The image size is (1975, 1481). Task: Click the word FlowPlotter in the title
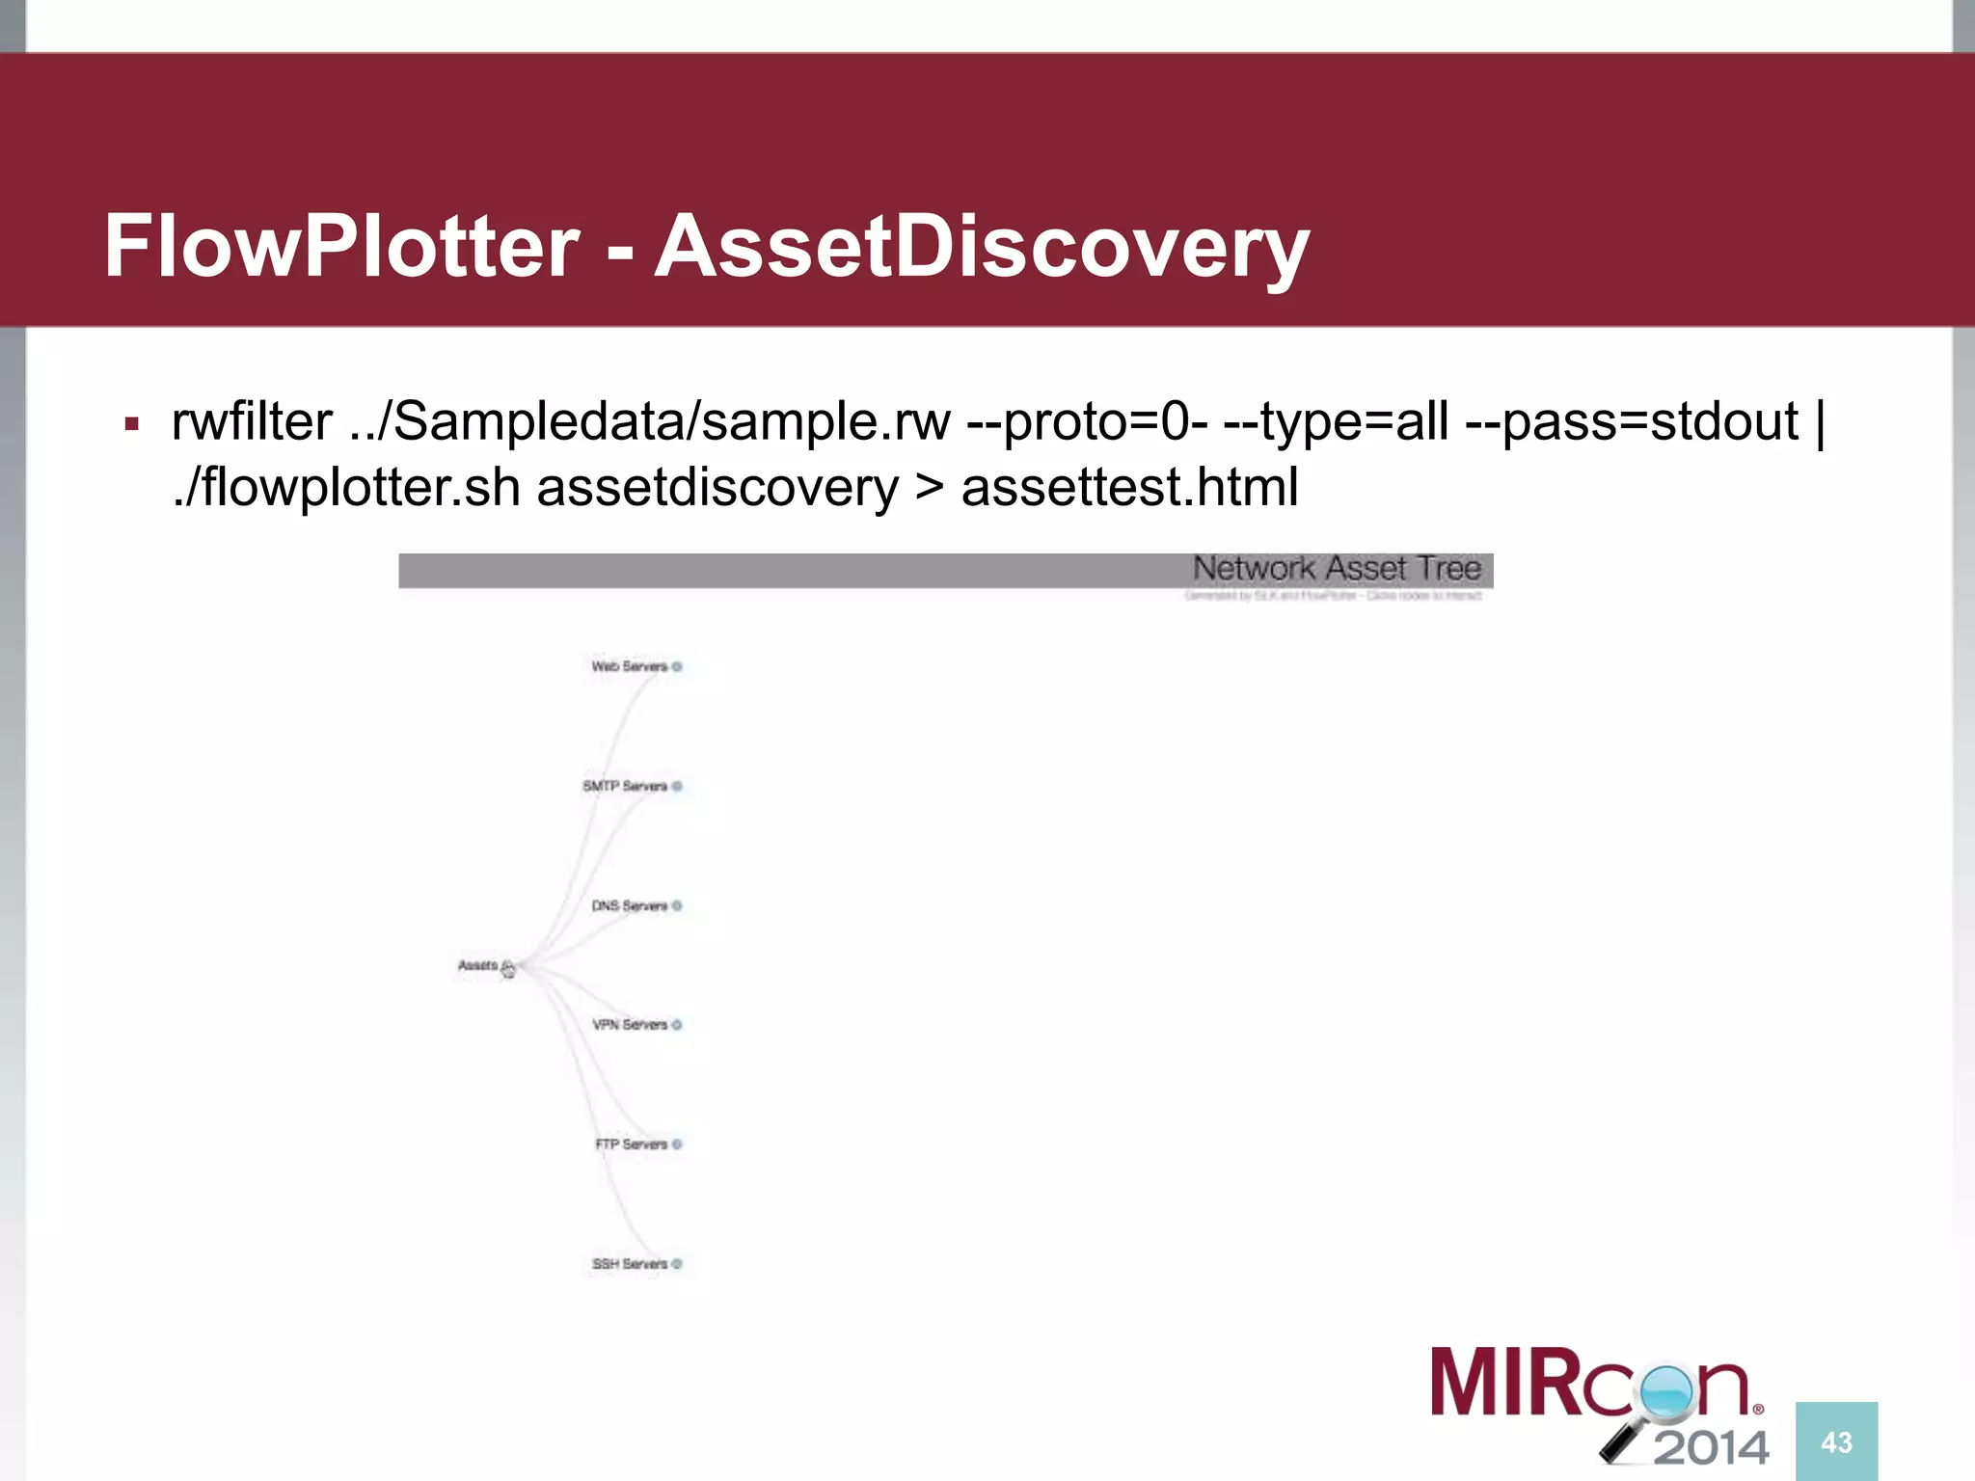[x=341, y=246]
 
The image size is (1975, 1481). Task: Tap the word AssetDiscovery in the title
[x=981, y=248]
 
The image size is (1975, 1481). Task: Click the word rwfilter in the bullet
[x=252, y=421]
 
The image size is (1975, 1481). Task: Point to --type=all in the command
[x=1336, y=421]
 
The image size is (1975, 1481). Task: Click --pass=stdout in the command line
[x=1631, y=421]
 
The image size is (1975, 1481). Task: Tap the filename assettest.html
[x=1129, y=487]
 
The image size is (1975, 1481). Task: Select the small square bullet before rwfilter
[x=132, y=423]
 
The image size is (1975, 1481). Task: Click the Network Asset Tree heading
[x=1336, y=569]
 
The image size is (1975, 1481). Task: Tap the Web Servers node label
[x=630, y=666]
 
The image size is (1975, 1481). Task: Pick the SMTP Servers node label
[x=625, y=786]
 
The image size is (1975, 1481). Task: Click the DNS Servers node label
[x=630, y=905]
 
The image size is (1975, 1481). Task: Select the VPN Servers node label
[x=630, y=1024]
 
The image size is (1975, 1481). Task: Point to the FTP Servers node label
[x=632, y=1144]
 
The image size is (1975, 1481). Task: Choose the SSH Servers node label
[x=630, y=1263]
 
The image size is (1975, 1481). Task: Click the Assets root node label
[x=477, y=965]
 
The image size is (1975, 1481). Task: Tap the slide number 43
[x=1836, y=1442]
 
